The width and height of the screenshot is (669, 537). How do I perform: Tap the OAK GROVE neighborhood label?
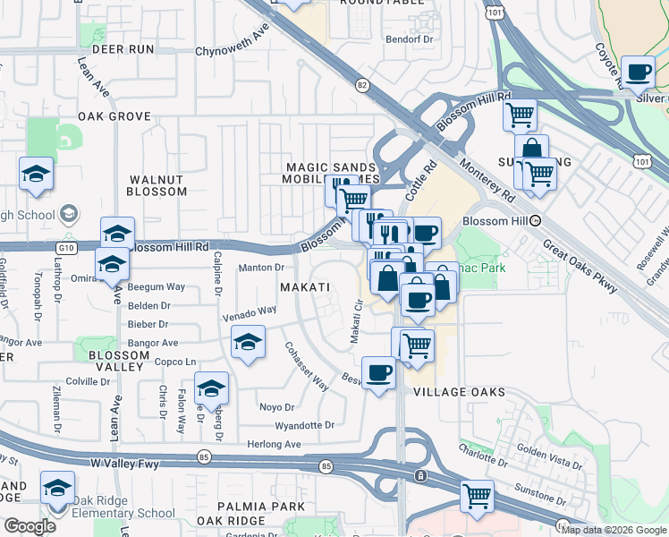[114, 116]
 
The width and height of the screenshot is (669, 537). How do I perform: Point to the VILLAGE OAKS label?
[460, 392]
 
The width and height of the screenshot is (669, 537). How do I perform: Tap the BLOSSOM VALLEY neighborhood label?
[119, 362]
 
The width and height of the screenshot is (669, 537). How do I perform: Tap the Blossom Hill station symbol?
[535, 220]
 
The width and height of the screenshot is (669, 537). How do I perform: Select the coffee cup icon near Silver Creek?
[638, 72]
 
